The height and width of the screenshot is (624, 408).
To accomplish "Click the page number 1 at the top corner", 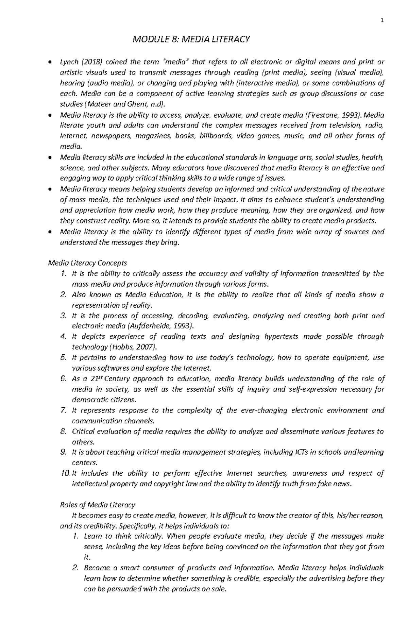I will click(x=382, y=20).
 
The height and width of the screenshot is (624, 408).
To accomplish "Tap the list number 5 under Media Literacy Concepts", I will click(x=63, y=357).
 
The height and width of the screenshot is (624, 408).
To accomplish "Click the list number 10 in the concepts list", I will click(x=65, y=473).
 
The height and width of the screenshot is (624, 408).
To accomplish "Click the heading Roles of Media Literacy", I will click(x=98, y=505).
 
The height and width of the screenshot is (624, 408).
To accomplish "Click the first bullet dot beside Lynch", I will click(x=50, y=62).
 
